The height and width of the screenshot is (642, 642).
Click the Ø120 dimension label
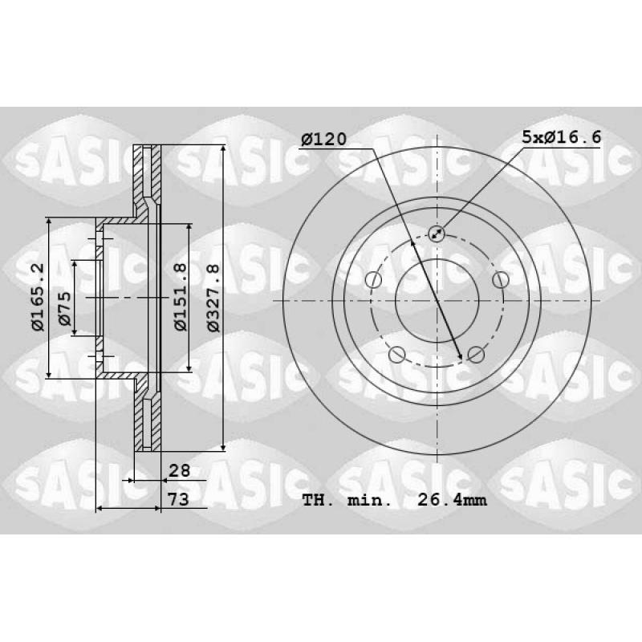[x=323, y=140]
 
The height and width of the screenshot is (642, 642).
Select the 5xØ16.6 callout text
[x=561, y=136]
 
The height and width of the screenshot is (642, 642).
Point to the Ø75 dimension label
[x=64, y=308]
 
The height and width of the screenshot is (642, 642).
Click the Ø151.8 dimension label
[x=180, y=297]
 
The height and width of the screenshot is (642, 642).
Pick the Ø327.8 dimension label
[x=213, y=297]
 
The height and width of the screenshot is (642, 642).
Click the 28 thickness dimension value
[x=179, y=470]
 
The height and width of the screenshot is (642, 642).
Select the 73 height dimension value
[x=178, y=499]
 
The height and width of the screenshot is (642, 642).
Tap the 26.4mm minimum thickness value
[x=452, y=500]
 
